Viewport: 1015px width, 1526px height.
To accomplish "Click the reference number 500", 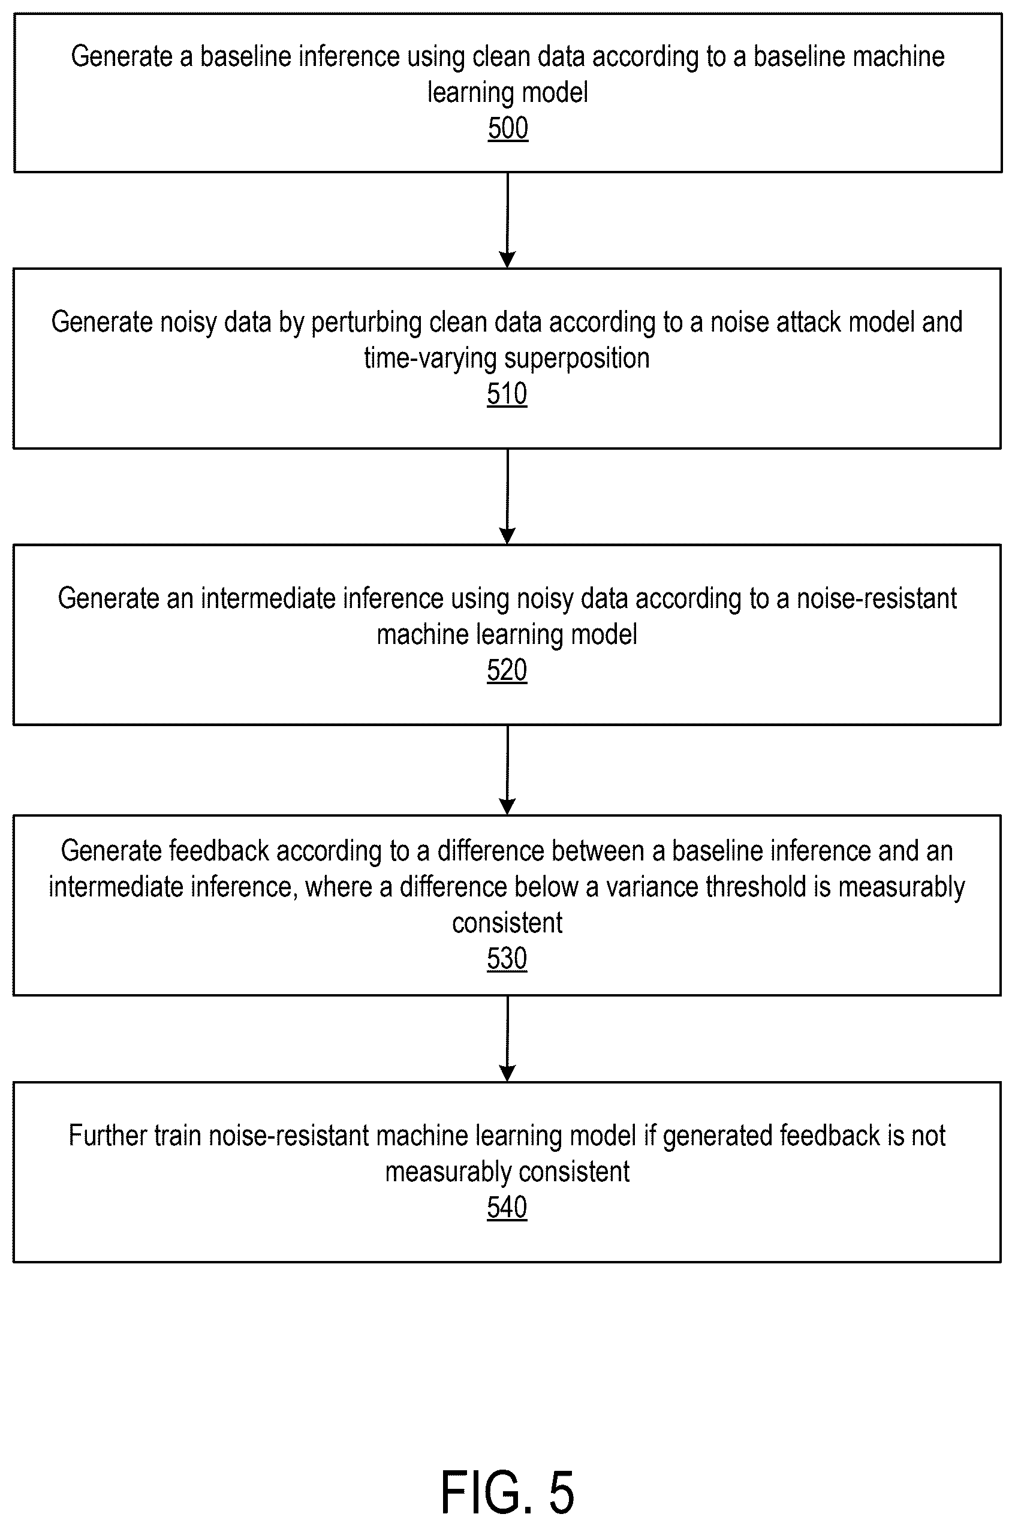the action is point(508,128).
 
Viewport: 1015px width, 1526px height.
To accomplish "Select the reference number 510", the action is point(507,393).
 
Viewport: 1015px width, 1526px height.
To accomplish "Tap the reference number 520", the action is point(507,670).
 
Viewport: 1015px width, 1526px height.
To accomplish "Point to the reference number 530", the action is point(507,959).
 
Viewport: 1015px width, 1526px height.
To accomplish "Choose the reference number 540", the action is point(507,1208).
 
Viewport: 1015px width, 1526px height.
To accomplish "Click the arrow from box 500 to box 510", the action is point(507,220).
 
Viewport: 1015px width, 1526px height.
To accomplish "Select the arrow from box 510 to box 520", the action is point(507,496).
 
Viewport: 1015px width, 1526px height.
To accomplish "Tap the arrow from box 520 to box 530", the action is point(507,770).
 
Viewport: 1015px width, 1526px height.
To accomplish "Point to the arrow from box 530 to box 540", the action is point(507,1039).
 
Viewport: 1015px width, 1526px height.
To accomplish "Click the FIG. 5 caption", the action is point(507,1492).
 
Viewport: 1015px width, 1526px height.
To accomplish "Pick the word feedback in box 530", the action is point(219,851).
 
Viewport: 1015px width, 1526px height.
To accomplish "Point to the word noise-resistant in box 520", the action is point(877,599).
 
